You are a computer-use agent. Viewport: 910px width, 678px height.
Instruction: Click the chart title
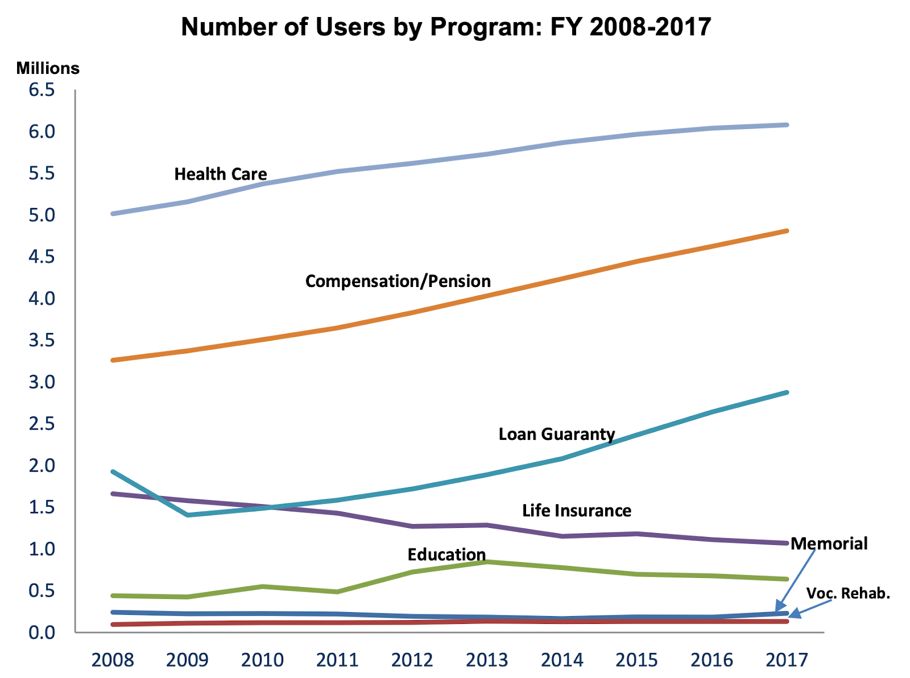pos(446,27)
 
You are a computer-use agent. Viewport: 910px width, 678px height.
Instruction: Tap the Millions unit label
pos(48,68)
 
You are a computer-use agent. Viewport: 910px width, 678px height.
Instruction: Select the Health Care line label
pos(221,174)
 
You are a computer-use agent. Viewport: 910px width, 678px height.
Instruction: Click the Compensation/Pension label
pos(398,281)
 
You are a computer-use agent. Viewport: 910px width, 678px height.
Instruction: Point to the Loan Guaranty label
pos(557,434)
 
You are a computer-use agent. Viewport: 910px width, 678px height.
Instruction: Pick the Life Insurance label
pos(577,510)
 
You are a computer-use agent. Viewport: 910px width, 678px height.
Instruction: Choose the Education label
pos(446,554)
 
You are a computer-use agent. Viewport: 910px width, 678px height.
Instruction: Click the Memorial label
pos(829,543)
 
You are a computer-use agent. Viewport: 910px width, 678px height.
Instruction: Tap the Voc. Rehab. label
pos(848,593)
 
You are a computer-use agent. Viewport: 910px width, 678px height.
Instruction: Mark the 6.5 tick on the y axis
pos(42,90)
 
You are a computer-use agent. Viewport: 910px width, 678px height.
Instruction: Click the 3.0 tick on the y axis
pos(42,382)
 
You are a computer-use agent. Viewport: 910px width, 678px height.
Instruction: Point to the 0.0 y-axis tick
pos(42,632)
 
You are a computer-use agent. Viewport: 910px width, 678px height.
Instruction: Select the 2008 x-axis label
pos(113,660)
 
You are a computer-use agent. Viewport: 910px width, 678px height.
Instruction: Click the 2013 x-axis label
pos(487,660)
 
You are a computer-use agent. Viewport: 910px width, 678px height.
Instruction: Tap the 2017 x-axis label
pos(787,660)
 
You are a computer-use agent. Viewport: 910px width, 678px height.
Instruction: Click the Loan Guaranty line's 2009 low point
pos(188,515)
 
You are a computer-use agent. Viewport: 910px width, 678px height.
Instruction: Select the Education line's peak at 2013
pos(487,562)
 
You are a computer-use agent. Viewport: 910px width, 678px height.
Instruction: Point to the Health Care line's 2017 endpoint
pos(787,124)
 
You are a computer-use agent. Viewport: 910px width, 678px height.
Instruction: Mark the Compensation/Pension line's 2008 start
pos(113,360)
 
